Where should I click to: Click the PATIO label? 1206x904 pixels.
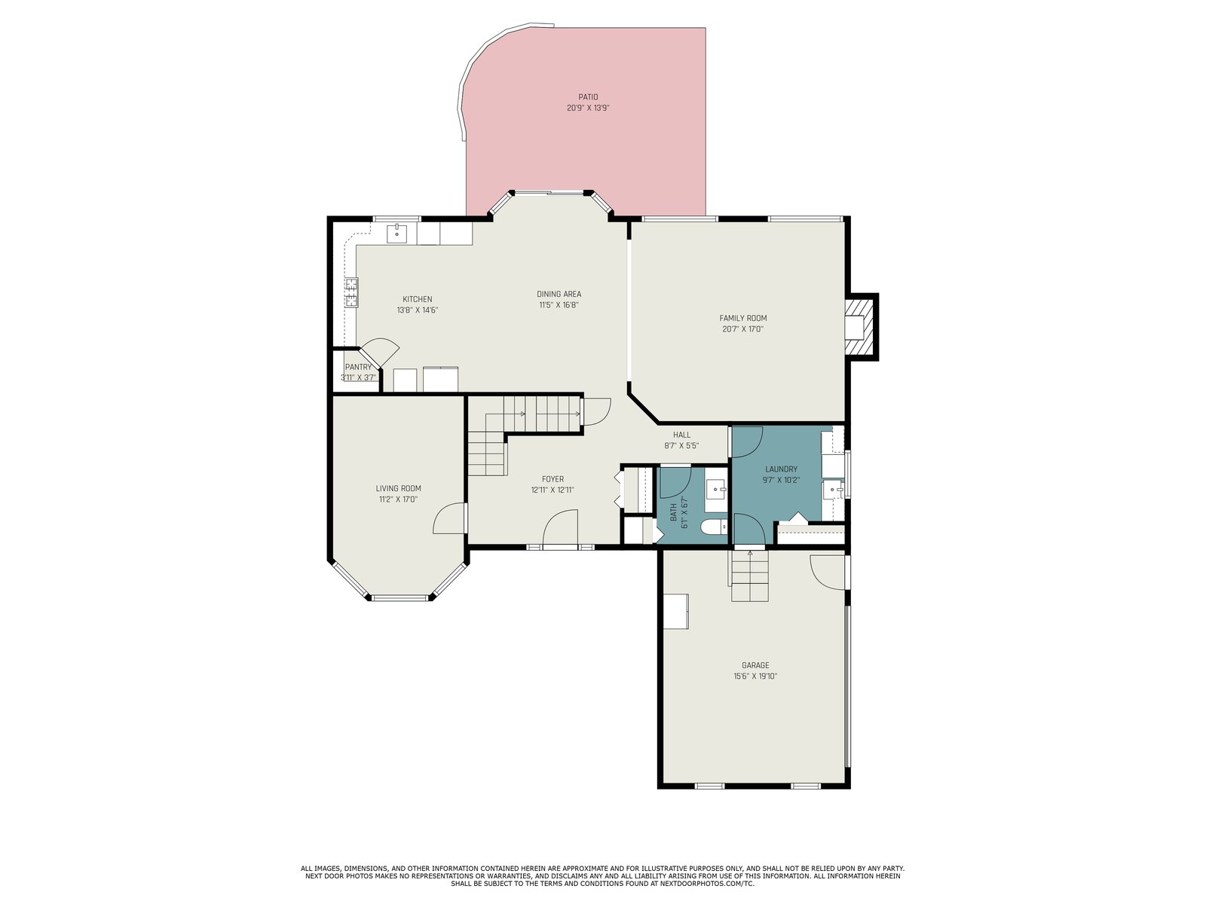tap(587, 97)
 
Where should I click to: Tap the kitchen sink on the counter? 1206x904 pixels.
tap(396, 234)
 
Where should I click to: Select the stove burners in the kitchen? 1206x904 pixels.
tap(351, 292)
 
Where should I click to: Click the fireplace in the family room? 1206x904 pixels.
tap(861, 327)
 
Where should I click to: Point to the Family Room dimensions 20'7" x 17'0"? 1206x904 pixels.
tap(743, 329)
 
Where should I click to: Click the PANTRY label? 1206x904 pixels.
tap(358, 367)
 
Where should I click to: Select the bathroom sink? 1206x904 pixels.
tap(716, 487)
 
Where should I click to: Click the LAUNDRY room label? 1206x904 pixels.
tap(781, 469)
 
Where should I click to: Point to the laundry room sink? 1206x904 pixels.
tap(833, 488)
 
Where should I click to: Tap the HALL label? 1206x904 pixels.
tap(681, 435)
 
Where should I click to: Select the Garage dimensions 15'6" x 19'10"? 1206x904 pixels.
tap(755, 676)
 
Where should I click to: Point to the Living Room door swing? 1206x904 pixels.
tap(449, 518)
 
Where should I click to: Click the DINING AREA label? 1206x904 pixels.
tap(559, 294)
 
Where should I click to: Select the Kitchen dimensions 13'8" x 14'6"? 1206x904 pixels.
tap(417, 310)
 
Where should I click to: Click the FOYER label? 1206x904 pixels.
tap(552, 479)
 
